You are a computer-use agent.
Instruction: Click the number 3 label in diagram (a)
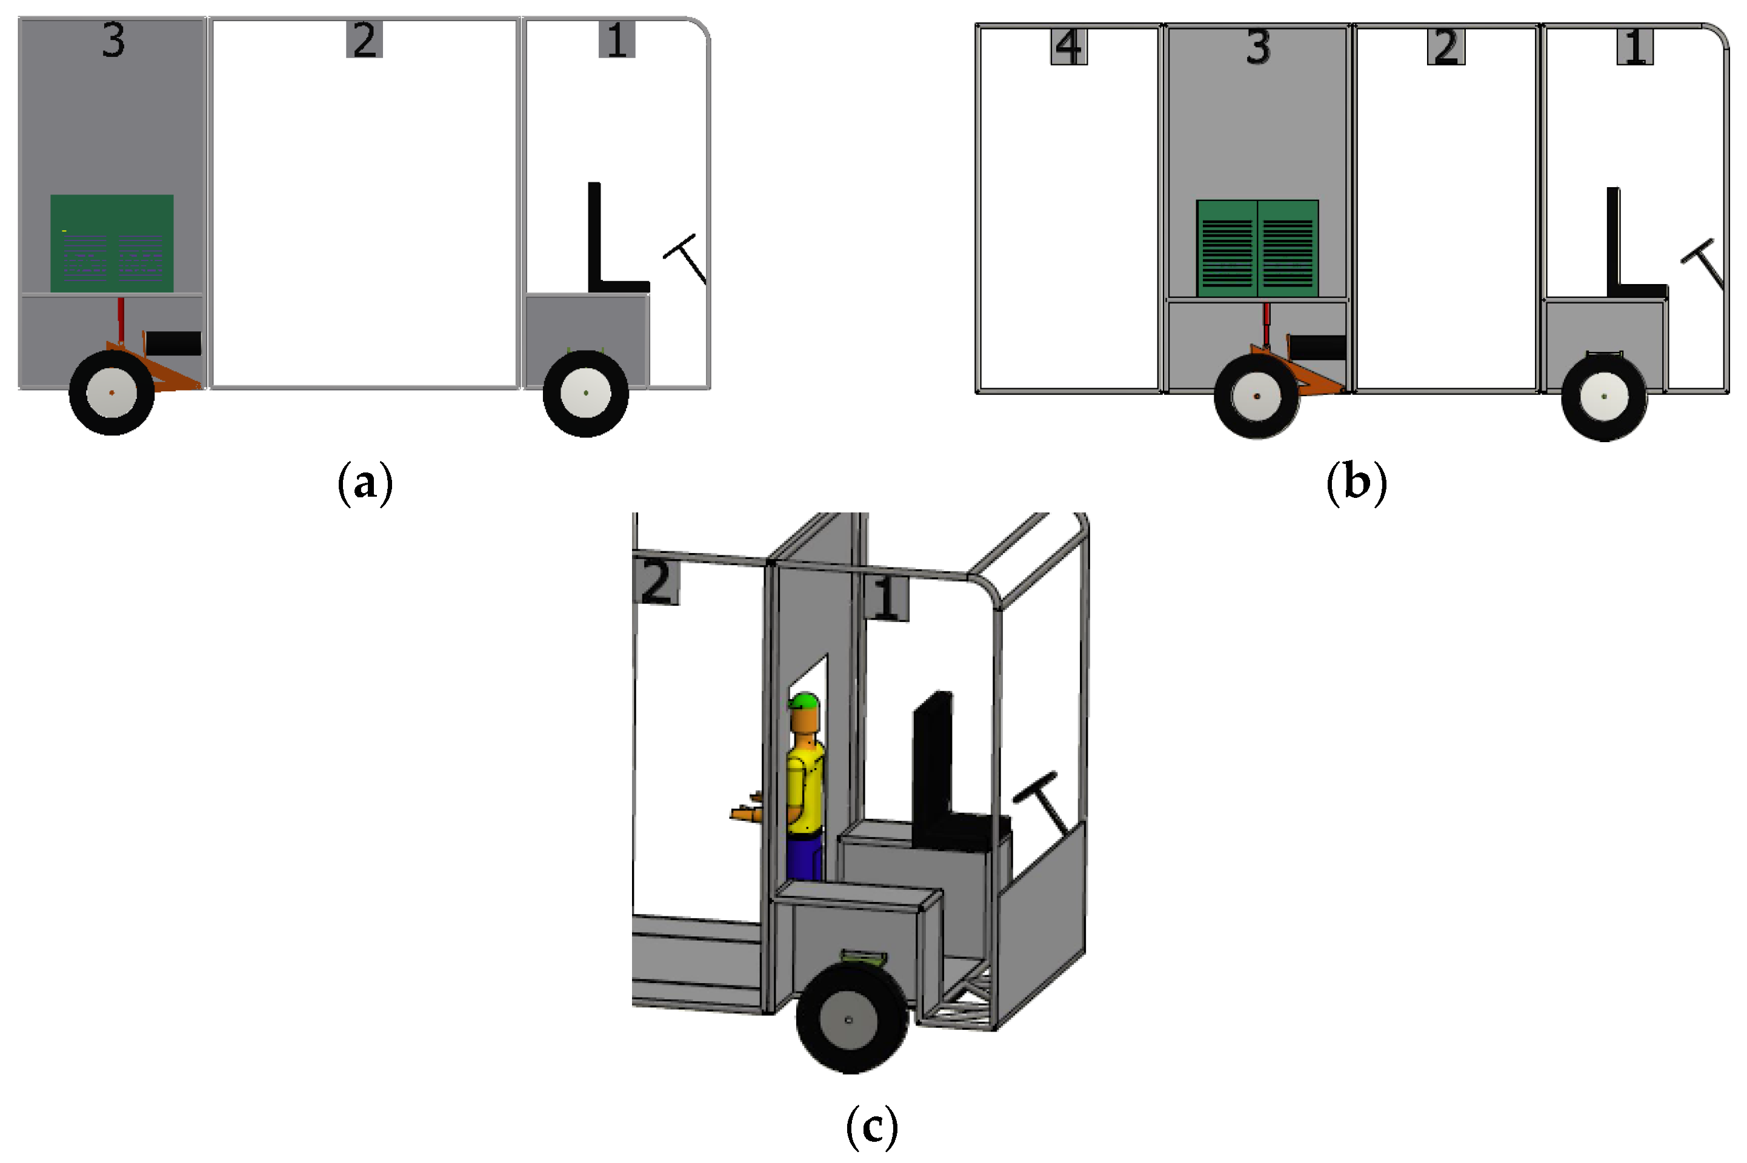point(113,40)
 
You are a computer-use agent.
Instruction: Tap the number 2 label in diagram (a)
point(364,40)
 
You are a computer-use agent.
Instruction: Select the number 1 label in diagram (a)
point(616,40)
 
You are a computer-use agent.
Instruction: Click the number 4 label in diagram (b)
point(1068,47)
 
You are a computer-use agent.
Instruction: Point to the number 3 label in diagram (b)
point(1258,47)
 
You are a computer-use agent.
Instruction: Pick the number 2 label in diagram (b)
point(1446,47)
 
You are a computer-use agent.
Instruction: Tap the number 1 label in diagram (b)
point(1635,47)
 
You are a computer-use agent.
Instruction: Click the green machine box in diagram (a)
point(112,244)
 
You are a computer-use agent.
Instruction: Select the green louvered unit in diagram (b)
point(1257,248)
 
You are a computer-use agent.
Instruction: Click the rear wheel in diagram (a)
point(112,393)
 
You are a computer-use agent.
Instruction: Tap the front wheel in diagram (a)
point(586,393)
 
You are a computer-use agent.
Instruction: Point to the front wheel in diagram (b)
point(1605,397)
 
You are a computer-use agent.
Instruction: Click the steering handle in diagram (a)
point(686,257)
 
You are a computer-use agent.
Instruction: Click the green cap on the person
point(804,701)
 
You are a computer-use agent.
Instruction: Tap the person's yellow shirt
point(805,790)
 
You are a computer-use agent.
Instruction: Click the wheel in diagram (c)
point(851,1018)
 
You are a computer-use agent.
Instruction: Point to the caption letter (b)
point(1356,483)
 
